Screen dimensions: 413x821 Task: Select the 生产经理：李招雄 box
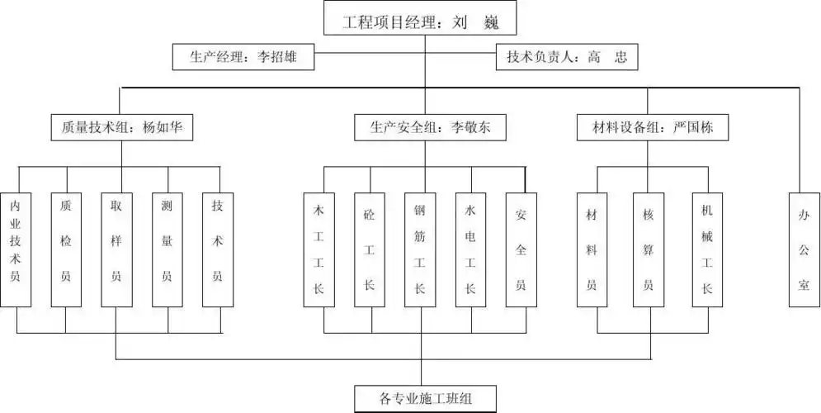coord(243,57)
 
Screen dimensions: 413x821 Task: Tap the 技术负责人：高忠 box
coord(567,57)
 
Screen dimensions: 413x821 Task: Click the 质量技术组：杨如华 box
coord(121,127)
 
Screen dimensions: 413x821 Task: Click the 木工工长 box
coord(318,249)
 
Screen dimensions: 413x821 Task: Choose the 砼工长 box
coord(369,249)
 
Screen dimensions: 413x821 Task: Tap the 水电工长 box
coord(470,249)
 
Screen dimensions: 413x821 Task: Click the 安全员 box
coord(521,249)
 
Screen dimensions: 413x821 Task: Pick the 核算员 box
coord(649,249)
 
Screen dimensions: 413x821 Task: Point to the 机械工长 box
coord(706,249)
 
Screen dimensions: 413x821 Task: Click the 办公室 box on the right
coord(804,249)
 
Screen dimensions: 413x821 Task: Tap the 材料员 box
coord(592,249)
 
